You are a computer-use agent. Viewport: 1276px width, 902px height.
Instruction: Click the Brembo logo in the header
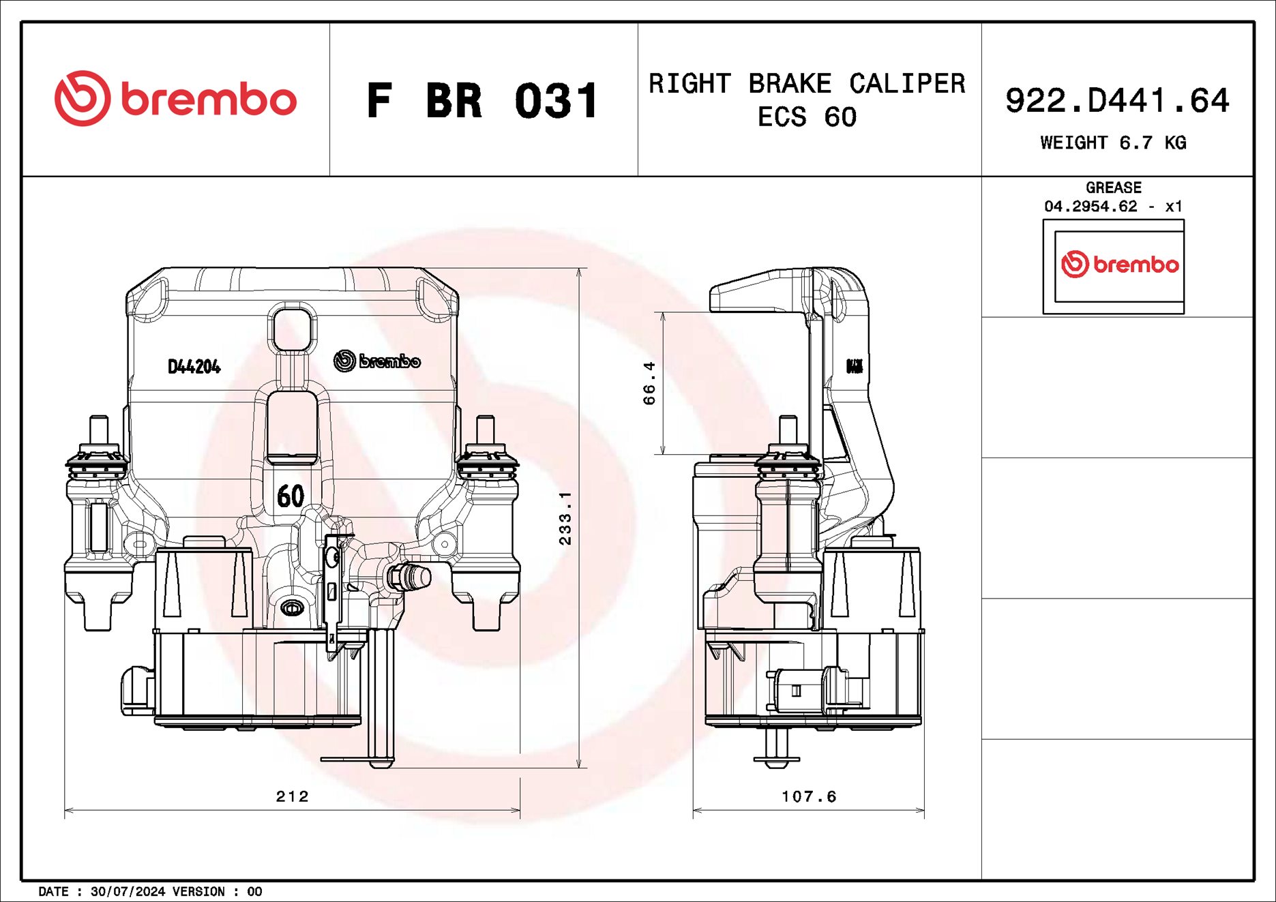click(175, 99)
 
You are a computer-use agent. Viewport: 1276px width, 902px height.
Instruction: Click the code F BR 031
click(483, 101)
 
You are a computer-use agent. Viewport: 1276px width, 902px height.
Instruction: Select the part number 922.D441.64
click(1117, 101)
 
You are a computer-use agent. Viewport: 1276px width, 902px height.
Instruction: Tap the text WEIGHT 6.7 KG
click(1113, 142)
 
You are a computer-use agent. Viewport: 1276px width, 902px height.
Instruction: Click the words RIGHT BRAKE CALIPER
click(807, 83)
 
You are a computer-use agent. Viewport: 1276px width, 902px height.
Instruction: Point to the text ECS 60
click(807, 117)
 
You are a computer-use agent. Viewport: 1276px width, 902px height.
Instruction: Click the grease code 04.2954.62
click(1090, 206)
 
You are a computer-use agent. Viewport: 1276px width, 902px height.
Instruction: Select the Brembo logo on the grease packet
click(1119, 265)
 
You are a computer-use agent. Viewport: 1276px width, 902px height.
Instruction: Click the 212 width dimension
click(292, 796)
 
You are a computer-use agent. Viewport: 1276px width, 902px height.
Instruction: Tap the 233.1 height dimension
click(565, 518)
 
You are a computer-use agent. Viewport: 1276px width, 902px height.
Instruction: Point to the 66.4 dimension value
click(649, 383)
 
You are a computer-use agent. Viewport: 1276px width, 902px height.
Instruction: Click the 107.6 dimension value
click(809, 796)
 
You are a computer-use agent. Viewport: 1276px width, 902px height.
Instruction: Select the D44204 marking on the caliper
click(194, 367)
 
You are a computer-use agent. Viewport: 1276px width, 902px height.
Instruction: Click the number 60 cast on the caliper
click(291, 496)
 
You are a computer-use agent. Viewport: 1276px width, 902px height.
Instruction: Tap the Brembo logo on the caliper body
click(377, 361)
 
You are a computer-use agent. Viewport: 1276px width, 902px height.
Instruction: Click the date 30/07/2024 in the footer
click(128, 892)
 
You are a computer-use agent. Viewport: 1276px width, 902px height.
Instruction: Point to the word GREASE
click(1113, 187)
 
